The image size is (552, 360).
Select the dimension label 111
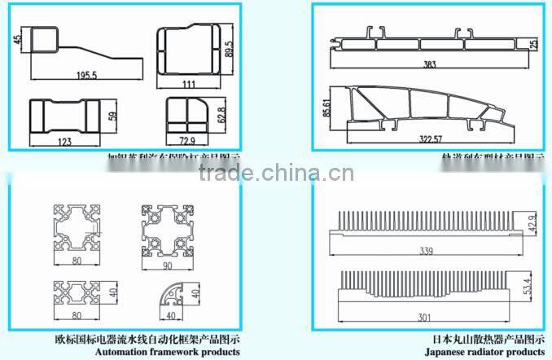188,86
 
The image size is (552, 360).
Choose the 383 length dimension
429,64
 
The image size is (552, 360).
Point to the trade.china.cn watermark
276,173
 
